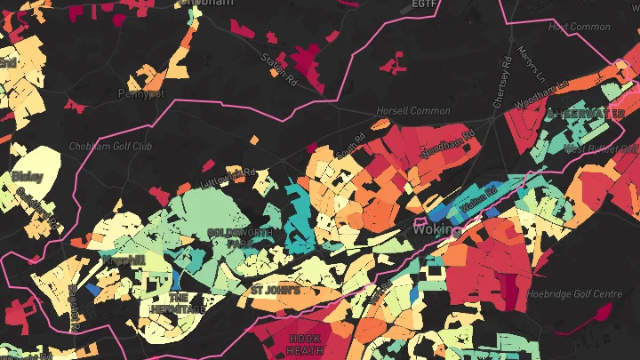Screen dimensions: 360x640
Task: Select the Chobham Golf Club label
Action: (x=105, y=146)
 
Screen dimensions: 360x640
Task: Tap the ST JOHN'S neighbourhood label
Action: (x=281, y=290)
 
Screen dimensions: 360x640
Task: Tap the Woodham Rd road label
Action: (x=448, y=142)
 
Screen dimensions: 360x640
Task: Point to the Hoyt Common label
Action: (x=579, y=27)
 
